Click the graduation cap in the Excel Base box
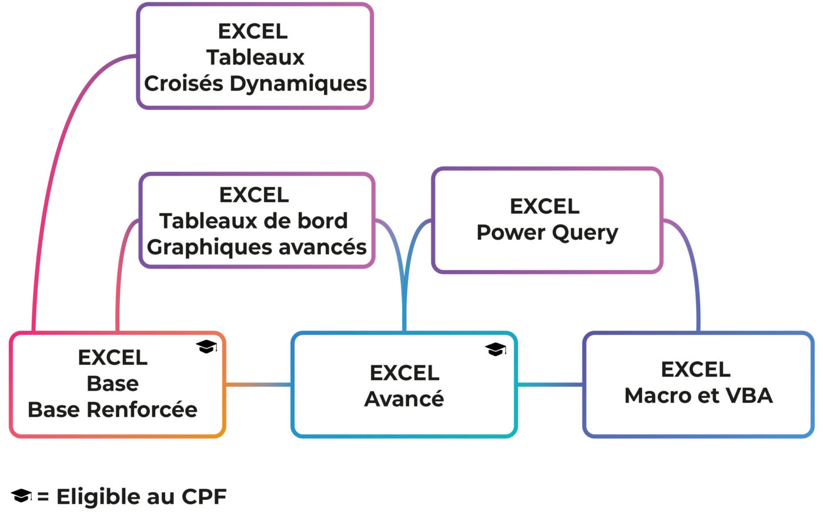[x=206, y=347]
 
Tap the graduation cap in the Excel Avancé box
[x=496, y=350]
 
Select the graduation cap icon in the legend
[x=22, y=496]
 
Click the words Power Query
[x=547, y=233]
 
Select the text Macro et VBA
[x=698, y=395]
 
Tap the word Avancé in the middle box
[x=404, y=399]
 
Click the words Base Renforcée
[x=112, y=409]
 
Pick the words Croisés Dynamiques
[x=255, y=83]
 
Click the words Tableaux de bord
[x=253, y=221]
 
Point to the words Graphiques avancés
[x=256, y=247]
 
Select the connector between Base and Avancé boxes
[x=258, y=385]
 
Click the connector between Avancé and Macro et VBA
[x=550, y=385]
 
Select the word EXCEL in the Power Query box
[x=544, y=206]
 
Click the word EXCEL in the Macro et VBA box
[x=695, y=369]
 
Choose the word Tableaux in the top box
[x=255, y=58]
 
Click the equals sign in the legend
[x=43, y=497]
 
